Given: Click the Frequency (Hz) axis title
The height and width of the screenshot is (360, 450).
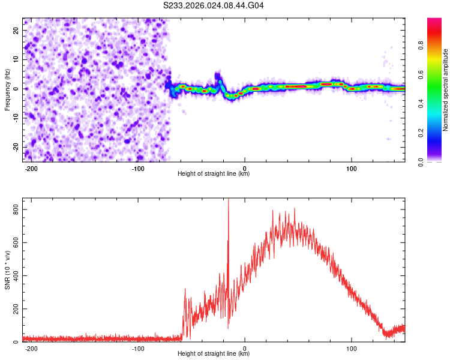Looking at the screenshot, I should pos(7,89).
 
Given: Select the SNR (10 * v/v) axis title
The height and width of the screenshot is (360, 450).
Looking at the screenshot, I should pos(7,270).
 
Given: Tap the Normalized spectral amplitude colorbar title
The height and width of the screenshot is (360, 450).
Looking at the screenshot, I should pos(446,90).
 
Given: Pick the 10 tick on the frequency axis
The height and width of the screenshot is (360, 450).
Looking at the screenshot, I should pos(16,59).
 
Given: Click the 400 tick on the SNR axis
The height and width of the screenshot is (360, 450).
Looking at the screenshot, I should pos(14,275).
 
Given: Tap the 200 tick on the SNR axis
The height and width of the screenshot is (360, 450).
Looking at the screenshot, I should pos(14,309).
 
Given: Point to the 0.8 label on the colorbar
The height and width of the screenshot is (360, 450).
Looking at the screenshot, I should pos(420,45).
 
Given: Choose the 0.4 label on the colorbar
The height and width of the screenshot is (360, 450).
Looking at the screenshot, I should pos(420,103).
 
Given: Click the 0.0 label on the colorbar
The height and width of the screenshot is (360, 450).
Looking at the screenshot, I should pos(420,161).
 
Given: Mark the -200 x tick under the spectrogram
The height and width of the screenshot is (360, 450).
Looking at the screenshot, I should pos(32,167).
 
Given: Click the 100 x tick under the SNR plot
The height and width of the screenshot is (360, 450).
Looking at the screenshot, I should pos(351,348).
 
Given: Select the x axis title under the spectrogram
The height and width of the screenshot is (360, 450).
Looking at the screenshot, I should pos(214,174).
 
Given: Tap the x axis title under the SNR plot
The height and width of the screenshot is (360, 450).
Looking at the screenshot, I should pos(214,354).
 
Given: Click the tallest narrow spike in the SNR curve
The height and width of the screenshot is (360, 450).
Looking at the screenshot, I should pos(228,202).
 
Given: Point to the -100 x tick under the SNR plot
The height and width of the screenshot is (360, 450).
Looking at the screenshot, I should pos(139,348).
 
